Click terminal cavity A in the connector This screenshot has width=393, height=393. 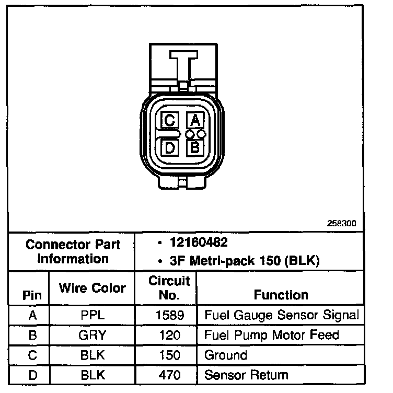pyautogui.click(x=194, y=121)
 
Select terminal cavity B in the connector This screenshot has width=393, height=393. pyautogui.click(x=194, y=147)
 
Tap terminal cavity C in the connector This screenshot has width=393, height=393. pyautogui.click(x=169, y=121)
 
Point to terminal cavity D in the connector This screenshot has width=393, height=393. pyautogui.click(x=169, y=148)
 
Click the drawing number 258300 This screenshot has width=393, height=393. pyautogui.click(x=341, y=223)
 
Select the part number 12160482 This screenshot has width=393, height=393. pyautogui.click(x=199, y=243)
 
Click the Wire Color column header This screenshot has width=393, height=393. pyautogui.click(x=92, y=288)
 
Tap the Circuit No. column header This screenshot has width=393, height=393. pyautogui.click(x=169, y=287)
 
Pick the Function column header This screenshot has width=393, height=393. pyautogui.click(x=281, y=295)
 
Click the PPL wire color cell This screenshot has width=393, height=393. pyautogui.click(x=92, y=315)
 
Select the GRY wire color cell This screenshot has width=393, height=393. pyautogui.click(x=92, y=335)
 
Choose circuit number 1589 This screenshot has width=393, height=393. pyautogui.click(x=168, y=315)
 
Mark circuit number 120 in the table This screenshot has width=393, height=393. pyautogui.click(x=168, y=335)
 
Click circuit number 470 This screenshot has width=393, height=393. pyautogui.click(x=168, y=375)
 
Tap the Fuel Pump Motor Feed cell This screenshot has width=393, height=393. pyautogui.click(x=272, y=335)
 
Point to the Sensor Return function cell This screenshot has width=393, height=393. pyautogui.click(x=246, y=375)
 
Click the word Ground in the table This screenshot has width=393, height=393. pyautogui.click(x=226, y=355)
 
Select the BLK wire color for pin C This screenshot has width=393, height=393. pyautogui.click(x=92, y=355)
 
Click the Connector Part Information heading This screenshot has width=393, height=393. pyautogui.click(x=73, y=251)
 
